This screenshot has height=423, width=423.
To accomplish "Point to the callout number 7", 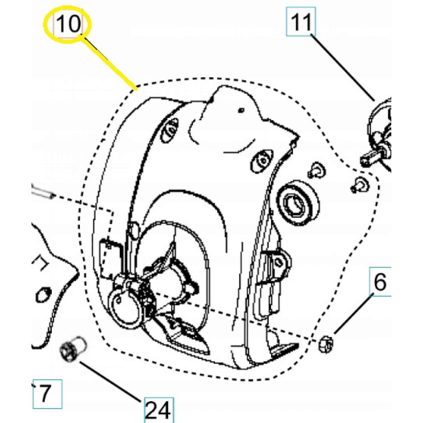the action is [45, 394].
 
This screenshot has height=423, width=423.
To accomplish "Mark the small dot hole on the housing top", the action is [241, 110].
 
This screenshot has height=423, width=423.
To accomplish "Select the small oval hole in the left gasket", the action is [44, 295].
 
